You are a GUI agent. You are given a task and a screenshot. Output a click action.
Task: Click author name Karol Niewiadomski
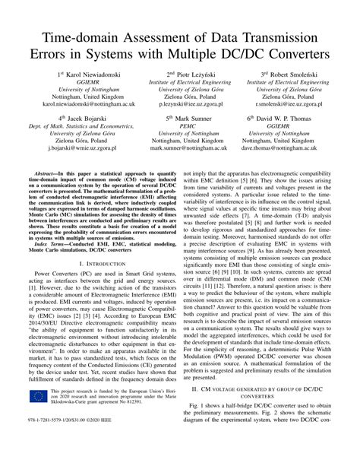point(81,75)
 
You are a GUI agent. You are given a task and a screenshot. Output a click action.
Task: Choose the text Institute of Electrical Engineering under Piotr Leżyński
point(180,83)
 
